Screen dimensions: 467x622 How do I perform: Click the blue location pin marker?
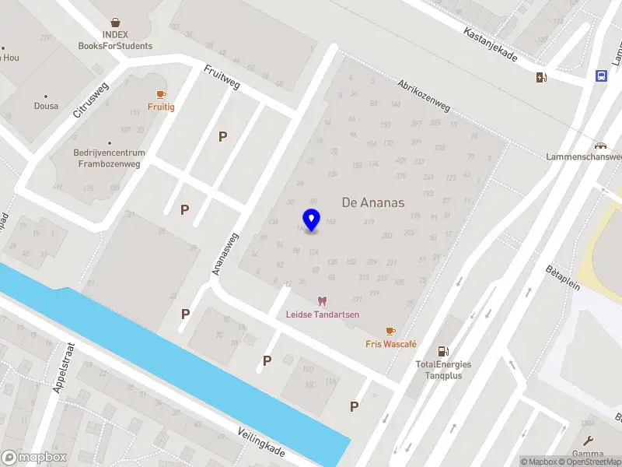pos(312,220)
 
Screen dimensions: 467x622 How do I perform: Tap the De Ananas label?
pos(373,202)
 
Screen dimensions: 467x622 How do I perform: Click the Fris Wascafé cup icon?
pos(390,332)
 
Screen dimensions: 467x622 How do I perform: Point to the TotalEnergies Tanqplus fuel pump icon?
pos(443,352)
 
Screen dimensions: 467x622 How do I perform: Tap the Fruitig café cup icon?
pos(161,94)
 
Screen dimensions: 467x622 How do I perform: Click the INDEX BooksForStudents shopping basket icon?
pos(115,23)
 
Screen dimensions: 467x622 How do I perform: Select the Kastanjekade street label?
pos(491,46)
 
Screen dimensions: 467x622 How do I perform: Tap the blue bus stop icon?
pos(601,75)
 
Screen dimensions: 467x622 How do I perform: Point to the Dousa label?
pos(46,106)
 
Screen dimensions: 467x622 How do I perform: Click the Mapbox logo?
pos(34,458)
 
